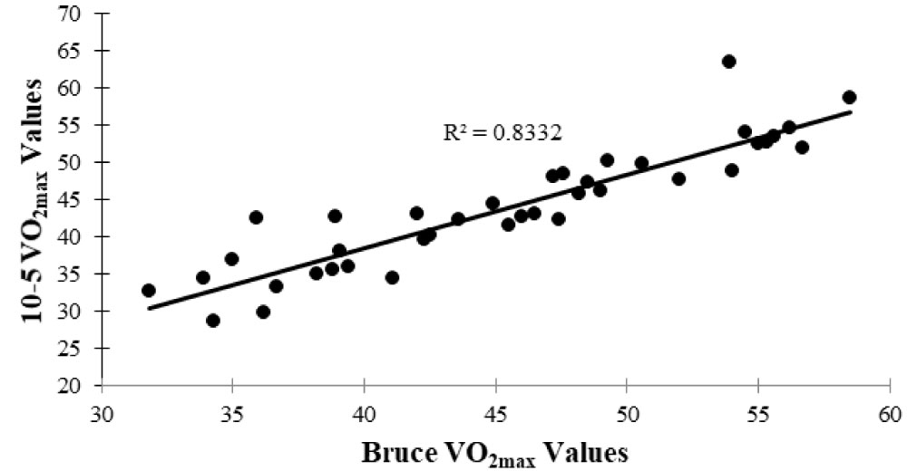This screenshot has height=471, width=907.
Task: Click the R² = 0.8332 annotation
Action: pyautogui.click(x=502, y=132)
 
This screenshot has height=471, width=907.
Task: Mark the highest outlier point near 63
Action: pyautogui.click(x=728, y=62)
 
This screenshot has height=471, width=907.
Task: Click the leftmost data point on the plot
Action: pyautogui.click(x=149, y=291)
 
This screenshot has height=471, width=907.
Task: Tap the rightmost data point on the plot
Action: pyautogui.click(x=849, y=97)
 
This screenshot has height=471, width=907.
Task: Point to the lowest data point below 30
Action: pyautogui.click(x=213, y=320)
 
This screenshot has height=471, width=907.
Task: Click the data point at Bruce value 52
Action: pyautogui.click(x=678, y=178)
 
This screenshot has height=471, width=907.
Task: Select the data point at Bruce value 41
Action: pyautogui.click(x=392, y=277)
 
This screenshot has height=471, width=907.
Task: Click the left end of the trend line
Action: pyautogui.click(x=149, y=308)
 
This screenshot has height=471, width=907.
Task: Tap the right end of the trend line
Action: pyautogui.click(x=850, y=111)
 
